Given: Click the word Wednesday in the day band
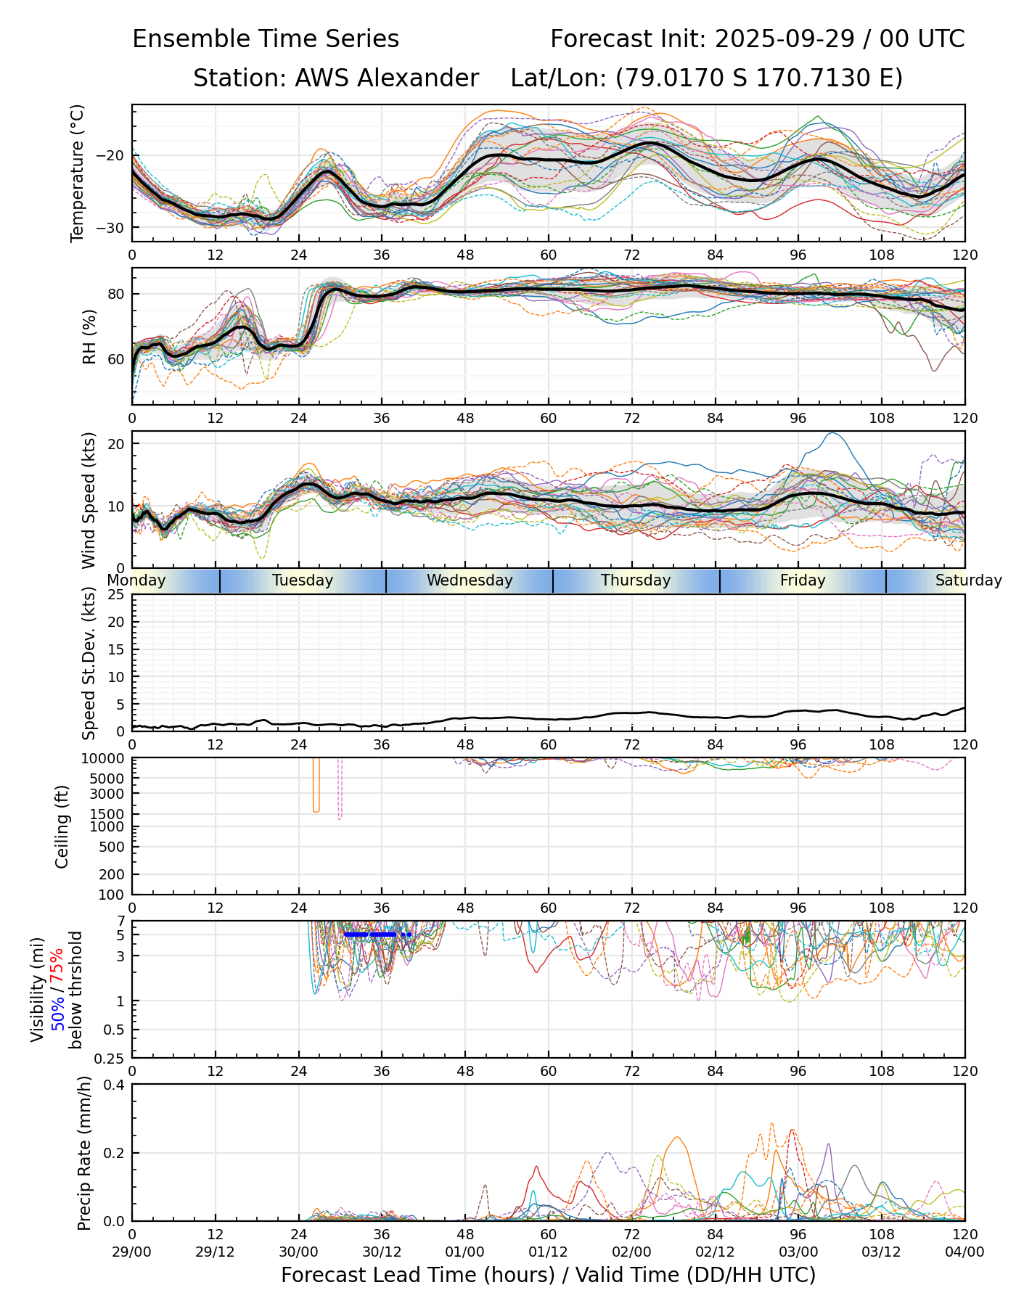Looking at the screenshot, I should pos(470,580).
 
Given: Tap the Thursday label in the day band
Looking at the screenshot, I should pos(636,580).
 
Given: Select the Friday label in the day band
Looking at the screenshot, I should pos(803,580).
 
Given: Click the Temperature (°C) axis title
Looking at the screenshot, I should pos(78,173).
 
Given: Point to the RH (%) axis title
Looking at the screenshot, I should pos(89,336).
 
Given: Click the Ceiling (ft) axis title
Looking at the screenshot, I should pos(62,826).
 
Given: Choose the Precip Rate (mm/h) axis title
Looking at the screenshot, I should pos(84,1152).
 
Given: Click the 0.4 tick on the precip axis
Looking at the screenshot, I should pos(114,1085).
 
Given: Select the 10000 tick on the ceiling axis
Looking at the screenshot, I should pos(105,759).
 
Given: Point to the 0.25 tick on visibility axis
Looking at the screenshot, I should pos(110,1058).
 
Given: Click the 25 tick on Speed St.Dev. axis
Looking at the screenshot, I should pos(116,595).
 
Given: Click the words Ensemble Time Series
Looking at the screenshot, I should pos(266,39).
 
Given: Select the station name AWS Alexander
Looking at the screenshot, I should pos(386,78).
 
